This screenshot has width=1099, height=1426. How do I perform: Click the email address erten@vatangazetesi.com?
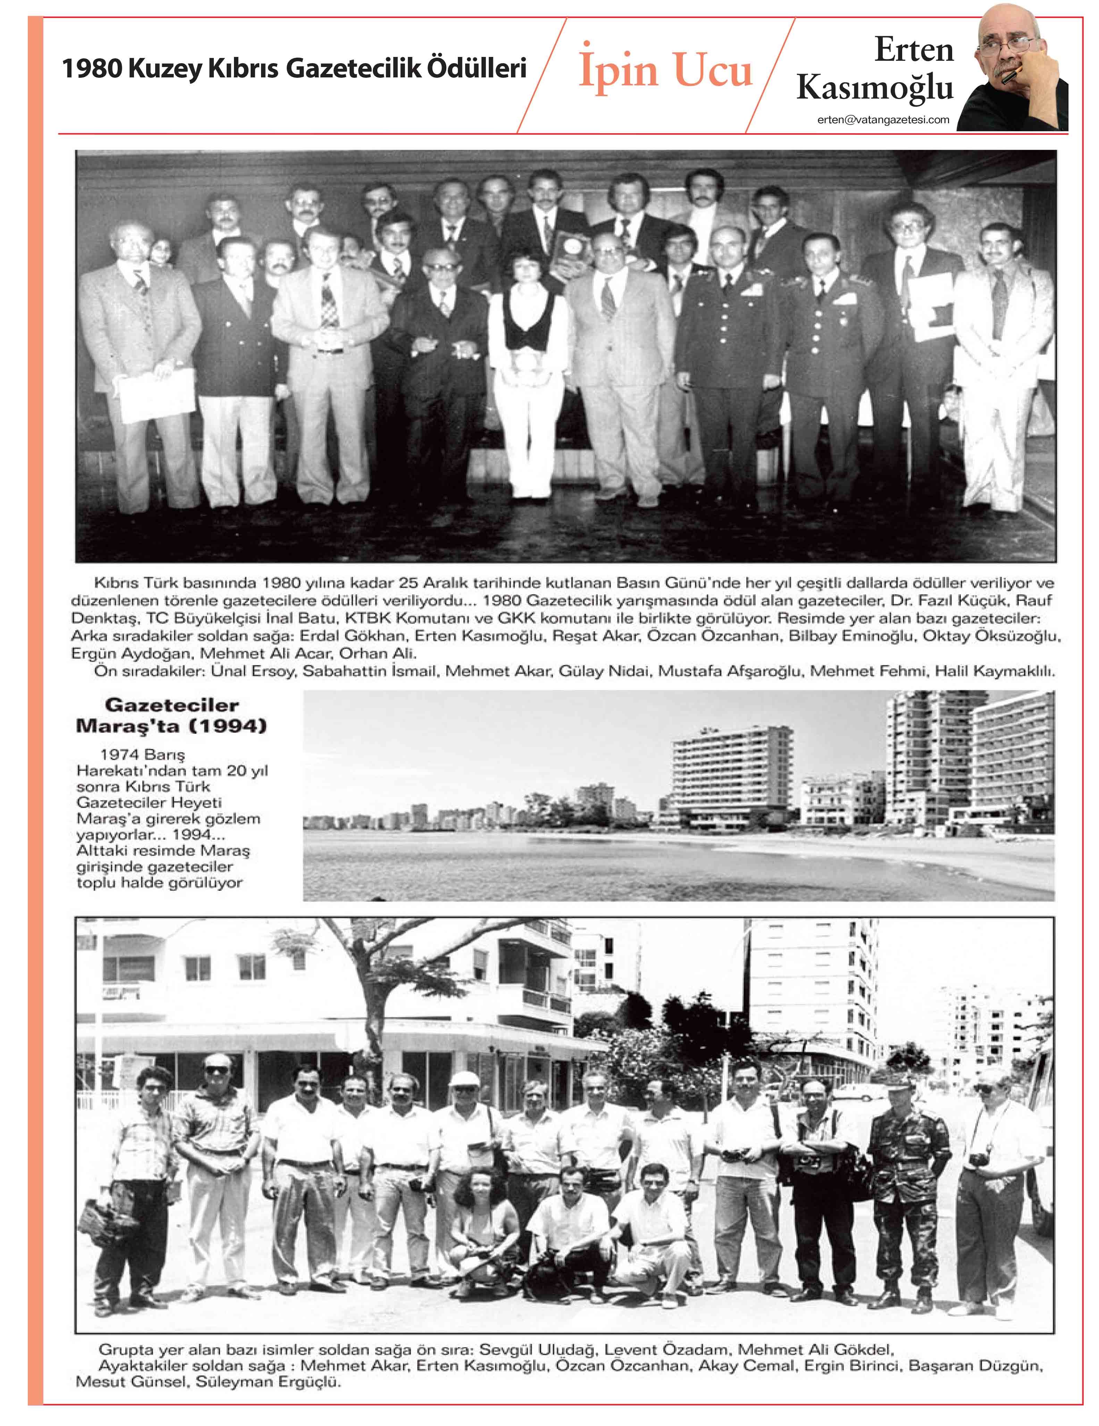point(883,119)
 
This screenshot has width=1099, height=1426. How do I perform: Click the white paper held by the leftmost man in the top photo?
point(157,395)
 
